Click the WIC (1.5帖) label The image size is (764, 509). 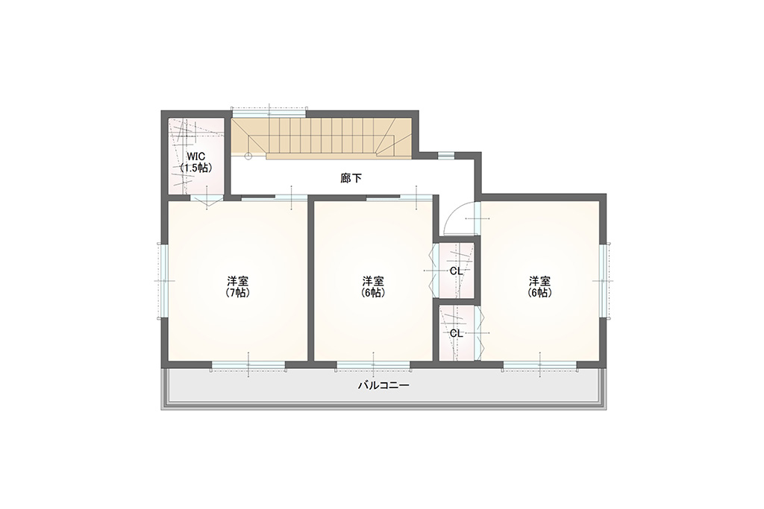196,162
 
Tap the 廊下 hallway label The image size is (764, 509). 351,179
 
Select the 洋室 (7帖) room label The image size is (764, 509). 238,287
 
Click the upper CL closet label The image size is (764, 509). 457,271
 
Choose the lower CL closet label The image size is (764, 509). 457,333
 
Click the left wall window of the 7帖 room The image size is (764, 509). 165,281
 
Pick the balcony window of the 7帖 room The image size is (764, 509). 248,364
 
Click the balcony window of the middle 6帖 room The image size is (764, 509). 374,364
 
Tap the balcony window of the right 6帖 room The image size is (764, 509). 540,364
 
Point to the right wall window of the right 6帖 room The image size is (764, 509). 603,281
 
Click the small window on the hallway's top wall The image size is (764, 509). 446,156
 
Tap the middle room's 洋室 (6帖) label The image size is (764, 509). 373,287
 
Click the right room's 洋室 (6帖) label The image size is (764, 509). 540,287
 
